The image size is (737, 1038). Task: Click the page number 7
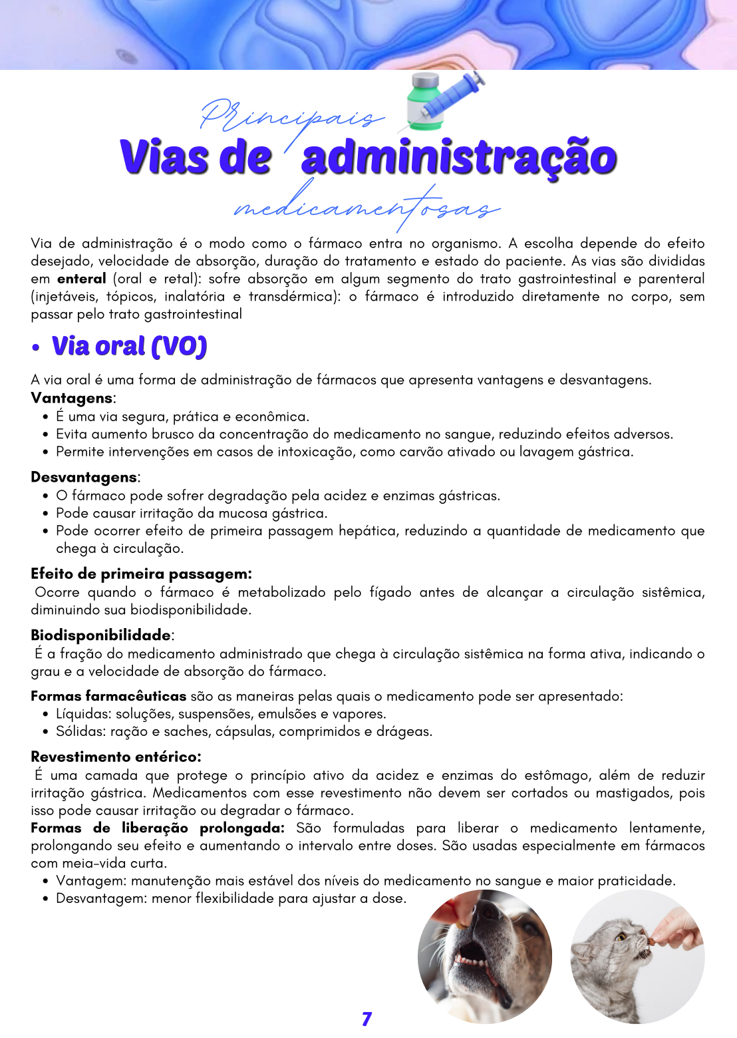(367, 1019)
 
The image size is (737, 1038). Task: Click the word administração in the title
(459, 158)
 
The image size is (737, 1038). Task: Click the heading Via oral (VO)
(130, 347)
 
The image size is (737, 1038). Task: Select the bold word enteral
(81, 279)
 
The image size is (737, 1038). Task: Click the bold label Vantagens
(72, 398)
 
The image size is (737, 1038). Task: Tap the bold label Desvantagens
(84, 477)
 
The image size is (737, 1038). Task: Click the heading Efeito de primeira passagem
(141, 574)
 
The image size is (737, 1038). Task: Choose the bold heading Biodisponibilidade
(100, 635)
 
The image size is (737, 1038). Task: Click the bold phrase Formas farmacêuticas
(108, 696)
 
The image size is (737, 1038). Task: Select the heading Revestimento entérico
(116, 757)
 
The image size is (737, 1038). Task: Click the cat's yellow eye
(621, 937)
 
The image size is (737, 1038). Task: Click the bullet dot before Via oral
(36, 348)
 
